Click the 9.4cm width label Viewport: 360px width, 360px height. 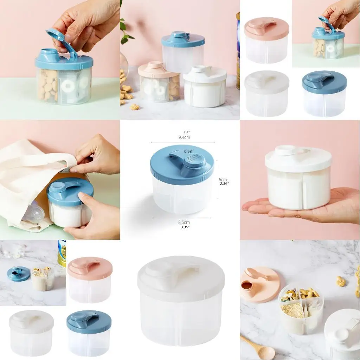click(x=184, y=137)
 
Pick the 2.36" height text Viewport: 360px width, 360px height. click(x=224, y=183)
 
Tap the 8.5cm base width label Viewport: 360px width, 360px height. click(x=184, y=222)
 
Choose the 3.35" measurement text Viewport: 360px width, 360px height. click(x=184, y=227)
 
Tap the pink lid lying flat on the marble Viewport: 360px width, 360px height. click(x=260, y=284)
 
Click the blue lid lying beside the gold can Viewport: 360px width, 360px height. click(x=18, y=274)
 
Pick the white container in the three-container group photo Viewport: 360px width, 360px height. click(x=205, y=86)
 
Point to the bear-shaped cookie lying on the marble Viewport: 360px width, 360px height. click(x=340, y=281)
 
